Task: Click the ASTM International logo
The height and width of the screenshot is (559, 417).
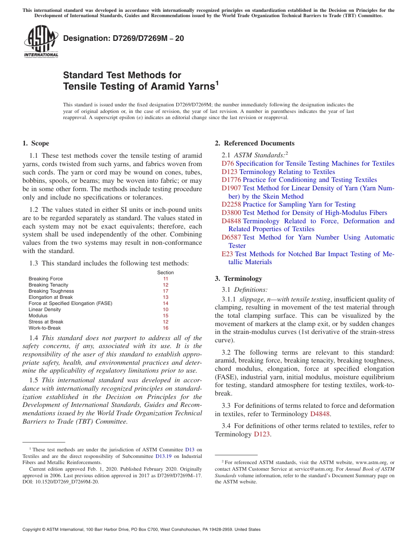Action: pos(41,42)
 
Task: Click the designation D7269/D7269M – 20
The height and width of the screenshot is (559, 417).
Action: pos(123,39)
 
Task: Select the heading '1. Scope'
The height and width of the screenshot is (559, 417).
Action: pos(36,143)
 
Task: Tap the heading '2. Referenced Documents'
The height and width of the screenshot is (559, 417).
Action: pos(255,143)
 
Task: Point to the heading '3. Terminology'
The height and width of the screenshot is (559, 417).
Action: pos(238,279)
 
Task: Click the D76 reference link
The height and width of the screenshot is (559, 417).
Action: pos(228,163)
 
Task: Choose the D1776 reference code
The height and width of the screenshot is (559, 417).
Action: pos(231,180)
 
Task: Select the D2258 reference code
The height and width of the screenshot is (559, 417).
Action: pos(231,204)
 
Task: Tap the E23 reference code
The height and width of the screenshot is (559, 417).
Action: pos(227,254)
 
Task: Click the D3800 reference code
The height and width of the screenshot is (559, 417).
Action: pos(231,213)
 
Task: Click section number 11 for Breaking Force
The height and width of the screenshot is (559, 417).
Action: pos(165,279)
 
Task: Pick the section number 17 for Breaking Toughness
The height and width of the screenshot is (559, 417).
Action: pos(165,291)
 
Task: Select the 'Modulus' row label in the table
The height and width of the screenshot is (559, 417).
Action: pos(38,316)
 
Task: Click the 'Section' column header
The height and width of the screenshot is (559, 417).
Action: pos(165,272)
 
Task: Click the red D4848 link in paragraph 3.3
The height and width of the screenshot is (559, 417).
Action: pos(320,414)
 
